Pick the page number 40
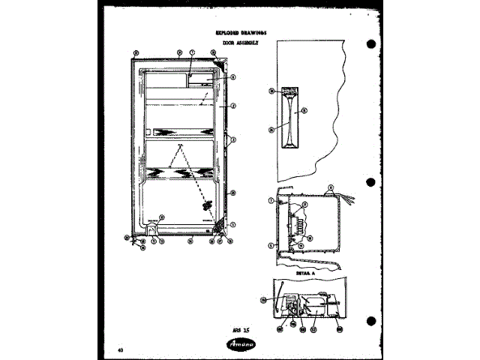click(121, 350)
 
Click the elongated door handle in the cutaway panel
click(288, 117)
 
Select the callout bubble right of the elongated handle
click(304, 110)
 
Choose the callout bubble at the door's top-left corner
click(136, 52)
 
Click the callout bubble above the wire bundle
click(331, 186)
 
